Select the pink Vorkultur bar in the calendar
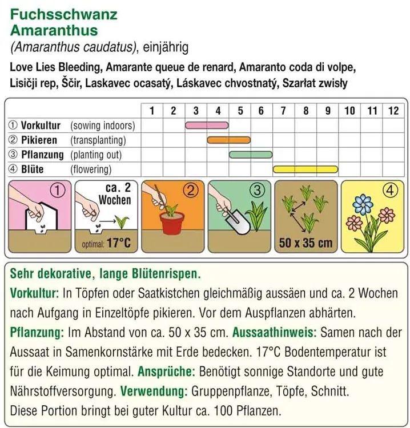point(207,125)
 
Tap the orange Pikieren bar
point(228,140)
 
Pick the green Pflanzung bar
point(251,155)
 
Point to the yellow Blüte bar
point(306,169)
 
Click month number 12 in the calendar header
point(393,111)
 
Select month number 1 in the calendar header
point(152,111)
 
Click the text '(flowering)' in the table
point(91,169)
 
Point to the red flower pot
point(174,225)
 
